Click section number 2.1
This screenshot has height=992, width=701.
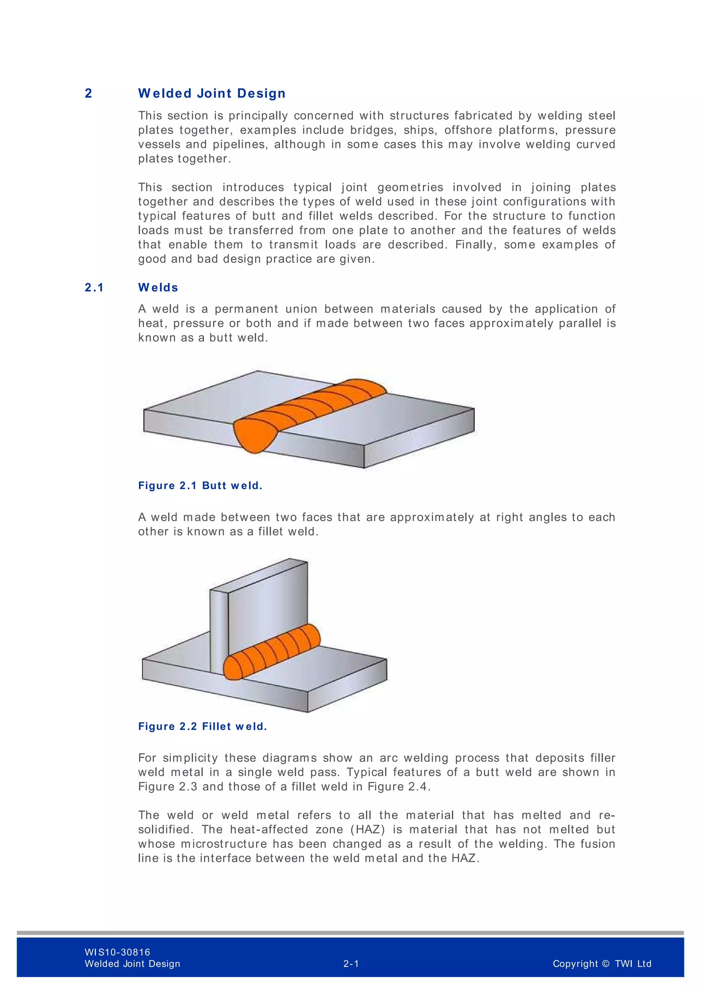[x=94, y=287]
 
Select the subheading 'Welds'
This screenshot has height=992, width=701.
[x=158, y=287]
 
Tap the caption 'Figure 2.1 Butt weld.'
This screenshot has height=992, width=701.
[x=200, y=486]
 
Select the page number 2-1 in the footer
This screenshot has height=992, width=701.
[x=351, y=964]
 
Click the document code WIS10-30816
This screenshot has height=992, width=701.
[x=117, y=952]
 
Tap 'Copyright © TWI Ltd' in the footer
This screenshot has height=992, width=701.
[x=602, y=964]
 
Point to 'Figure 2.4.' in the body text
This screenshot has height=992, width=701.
[x=399, y=786]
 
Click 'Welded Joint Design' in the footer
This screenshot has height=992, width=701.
[x=132, y=964]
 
